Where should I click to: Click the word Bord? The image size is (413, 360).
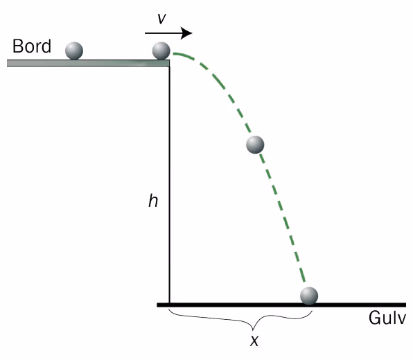click(32, 46)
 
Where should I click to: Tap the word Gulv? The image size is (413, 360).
click(387, 318)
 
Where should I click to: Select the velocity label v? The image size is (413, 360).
click(161, 19)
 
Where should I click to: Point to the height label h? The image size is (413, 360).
click(153, 201)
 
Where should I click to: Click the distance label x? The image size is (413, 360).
click(254, 341)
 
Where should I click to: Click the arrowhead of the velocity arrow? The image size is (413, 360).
click(186, 33)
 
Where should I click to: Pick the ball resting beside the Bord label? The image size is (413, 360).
click(74, 51)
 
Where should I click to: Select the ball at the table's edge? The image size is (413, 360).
click(161, 51)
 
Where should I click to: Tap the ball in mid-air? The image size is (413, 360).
click(255, 145)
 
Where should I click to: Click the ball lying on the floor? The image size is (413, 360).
click(309, 296)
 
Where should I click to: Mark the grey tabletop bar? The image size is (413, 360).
click(88, 63)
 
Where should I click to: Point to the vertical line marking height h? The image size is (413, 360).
click(169, 185)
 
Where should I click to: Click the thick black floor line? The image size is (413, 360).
click(281, 305)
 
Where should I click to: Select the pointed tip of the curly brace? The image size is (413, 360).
click(253, 330)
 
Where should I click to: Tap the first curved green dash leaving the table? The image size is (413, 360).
click(184, 56)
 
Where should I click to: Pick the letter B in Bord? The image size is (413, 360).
click(17, 46)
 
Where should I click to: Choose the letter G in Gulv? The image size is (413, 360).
click(374, 318)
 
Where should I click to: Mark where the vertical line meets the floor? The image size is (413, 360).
click(169, 304)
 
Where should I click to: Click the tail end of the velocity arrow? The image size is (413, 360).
click(146, 33)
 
